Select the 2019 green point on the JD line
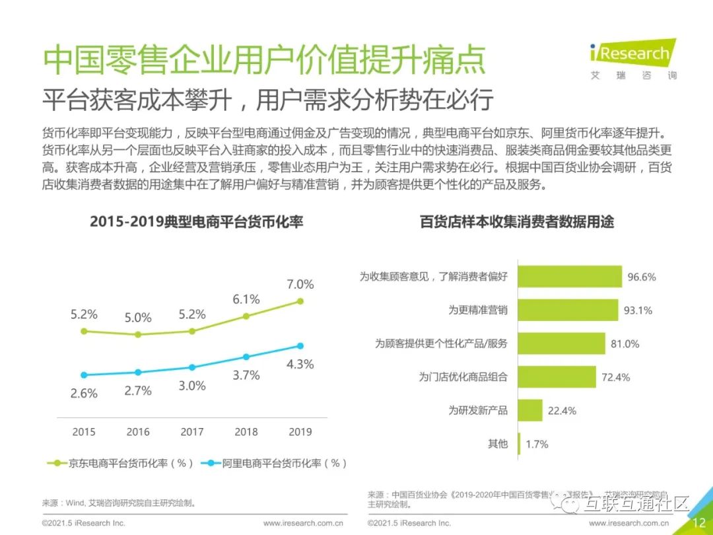click(x=300, y=301)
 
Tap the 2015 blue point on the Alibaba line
click(x=84, y=374)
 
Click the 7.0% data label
click(x=300, y=285)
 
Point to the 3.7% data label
click(x=246, y=375)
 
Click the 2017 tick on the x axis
click(x=192, y=432)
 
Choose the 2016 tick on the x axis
click(x=138, y=432)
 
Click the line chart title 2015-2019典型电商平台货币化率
click(x=196, y=222)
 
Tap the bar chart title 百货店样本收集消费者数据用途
click(x=517, y=222)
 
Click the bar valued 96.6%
click(x=569, y=277)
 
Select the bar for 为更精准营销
click(x=567, y=310)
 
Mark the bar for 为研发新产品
click(x=529, y=410)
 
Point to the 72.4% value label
click(x=616, y=377)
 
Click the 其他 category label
click(x=498, y=444)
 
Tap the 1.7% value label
click(x=537, y=444)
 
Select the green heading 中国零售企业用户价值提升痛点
click(x=264, y=61)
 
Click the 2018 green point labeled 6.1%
click(x=246, y=316)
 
